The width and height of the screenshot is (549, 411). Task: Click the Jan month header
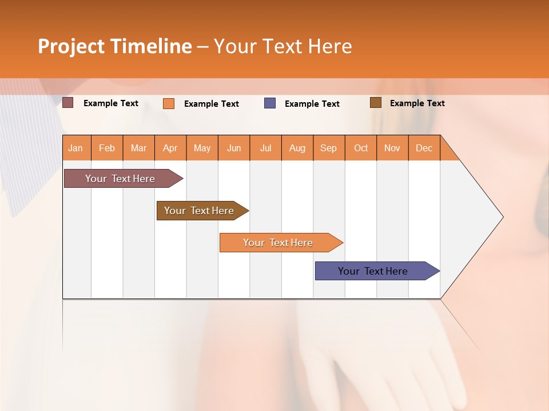tap(75, 148)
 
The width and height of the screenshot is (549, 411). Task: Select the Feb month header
tap(107, 148)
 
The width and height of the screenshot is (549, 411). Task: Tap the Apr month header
tap(170, 148)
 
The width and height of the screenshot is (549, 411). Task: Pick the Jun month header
tap(234, 148)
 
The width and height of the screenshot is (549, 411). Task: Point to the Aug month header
tap(297, 148)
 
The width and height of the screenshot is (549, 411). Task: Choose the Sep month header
tap(329, 148)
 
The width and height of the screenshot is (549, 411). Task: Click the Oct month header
tap(361, 148)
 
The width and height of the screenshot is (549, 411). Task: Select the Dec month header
tap(424, 148)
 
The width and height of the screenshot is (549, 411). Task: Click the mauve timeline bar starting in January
tap(120, 179)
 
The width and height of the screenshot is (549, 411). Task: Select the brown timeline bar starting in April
tap(199, 211)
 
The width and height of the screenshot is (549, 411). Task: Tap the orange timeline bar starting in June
tap(278, 243)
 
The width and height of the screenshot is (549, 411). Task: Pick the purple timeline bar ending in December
tap(373, 271)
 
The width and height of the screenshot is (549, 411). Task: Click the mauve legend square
tap(68, 103)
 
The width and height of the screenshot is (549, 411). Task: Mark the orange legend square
tap(169, 103)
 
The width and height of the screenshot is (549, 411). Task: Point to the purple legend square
tap(270, 103)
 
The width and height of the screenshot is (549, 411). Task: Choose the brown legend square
tap(376, 103)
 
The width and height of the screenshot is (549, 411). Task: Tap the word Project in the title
tap(71, 46)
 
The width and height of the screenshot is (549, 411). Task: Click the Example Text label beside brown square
tap(417, 103)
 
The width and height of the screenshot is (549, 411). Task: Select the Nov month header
tap(392, 148)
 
